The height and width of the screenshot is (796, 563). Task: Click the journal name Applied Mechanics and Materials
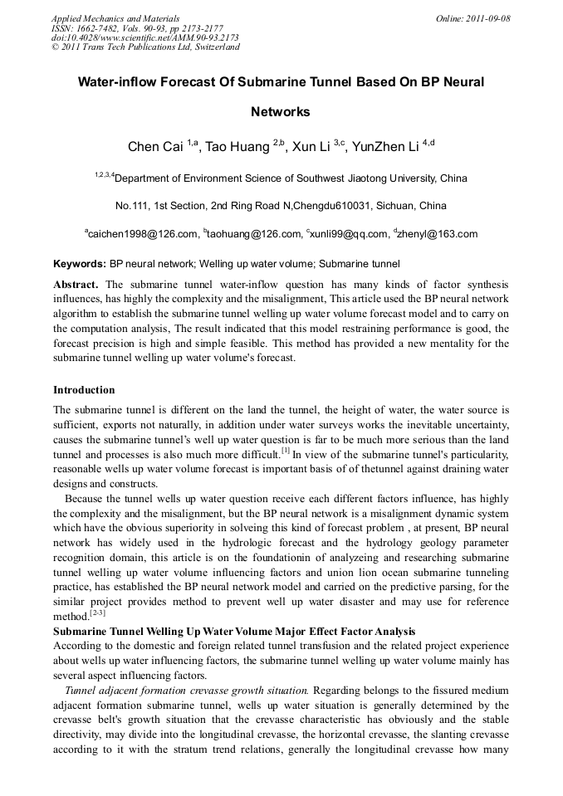pyautogui.click(x=115, y=18)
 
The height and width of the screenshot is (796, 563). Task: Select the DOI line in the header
pyautogui.click(x=145, y=37)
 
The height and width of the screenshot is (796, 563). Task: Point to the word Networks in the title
pyautogui.click(x=281, y=112)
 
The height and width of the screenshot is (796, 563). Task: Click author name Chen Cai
pyautogui.click(x=154, y=148)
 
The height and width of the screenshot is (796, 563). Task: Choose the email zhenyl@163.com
pyautogui.click(x=438, y=234)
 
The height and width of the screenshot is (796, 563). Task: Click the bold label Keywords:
pyautogui.click(x=80, y=265)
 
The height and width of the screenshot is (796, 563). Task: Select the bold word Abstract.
pyautogui.click(x=76, y=284)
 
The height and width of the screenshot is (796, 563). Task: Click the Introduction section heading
pyautogui.click(x=84, y=389)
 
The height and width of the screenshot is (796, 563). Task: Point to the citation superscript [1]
pyautogui.click(x=285, y=451)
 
